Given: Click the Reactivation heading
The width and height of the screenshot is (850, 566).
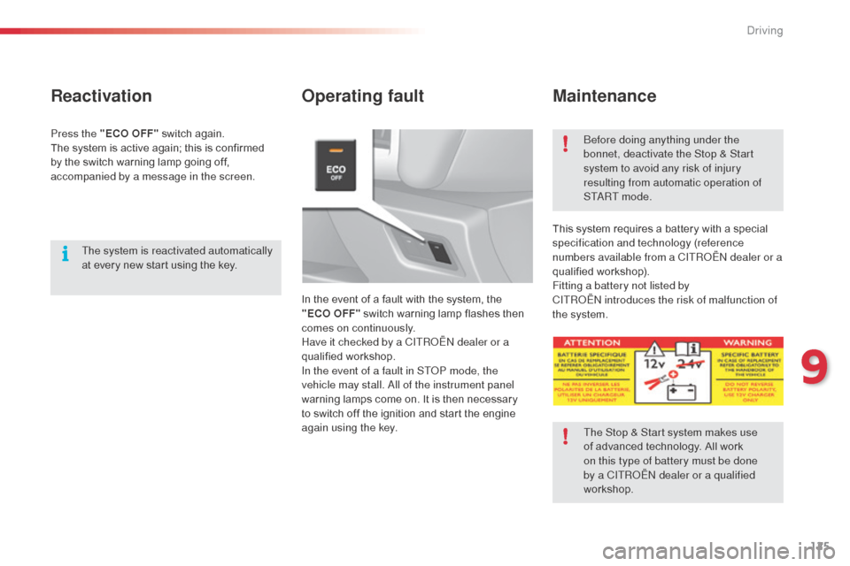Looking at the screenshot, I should (101, 96).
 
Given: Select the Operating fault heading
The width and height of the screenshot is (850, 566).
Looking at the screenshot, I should (362, 96).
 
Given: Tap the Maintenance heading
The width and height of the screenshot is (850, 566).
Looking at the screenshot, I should (604, 96).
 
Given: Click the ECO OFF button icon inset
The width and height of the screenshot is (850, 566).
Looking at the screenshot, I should (336, 165).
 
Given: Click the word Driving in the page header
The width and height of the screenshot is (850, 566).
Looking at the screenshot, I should (764, 31).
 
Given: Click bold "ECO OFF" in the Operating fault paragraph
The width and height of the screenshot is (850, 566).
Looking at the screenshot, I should (330, 314).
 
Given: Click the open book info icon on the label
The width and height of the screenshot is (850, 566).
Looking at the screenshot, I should (687, 346).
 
